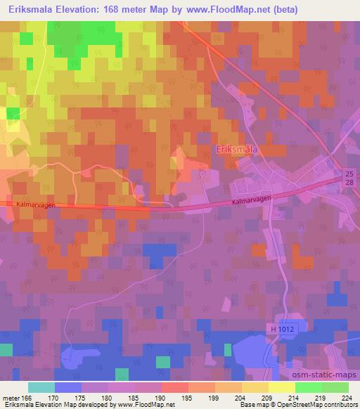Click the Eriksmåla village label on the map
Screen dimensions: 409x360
[x=236, y=150]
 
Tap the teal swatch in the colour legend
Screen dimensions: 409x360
[x=41, y=387]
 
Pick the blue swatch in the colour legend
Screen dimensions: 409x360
[x=68, y=387]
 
